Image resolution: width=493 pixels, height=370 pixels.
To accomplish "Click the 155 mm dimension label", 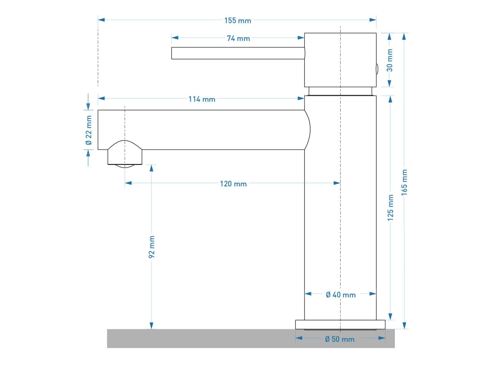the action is tap(238, 21).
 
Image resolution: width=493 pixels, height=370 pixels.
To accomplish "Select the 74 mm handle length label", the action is tap(238, 39).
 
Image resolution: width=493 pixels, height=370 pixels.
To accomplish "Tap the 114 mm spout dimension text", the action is tap(202, 99).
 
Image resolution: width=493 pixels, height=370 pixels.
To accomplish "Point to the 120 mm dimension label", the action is tap(234, 184).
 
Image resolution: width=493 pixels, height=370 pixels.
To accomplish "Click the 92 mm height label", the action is tap(151, 247).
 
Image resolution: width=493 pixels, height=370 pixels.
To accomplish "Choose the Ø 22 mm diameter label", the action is tap(89, 130).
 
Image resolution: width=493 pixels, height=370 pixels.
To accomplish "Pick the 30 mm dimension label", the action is tap(389, 60).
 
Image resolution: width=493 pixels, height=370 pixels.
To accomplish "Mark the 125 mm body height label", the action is tap(390, 207).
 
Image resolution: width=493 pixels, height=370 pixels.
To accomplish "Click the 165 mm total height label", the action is tap(404, 182).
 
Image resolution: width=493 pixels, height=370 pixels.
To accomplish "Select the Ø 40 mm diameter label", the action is tap(341, 295).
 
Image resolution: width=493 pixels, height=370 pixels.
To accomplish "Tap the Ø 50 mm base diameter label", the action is tap(340, 339).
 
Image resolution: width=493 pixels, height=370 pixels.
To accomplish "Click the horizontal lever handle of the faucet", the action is tap(238, 53).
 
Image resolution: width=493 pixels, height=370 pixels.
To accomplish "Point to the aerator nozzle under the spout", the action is tap(125, 154).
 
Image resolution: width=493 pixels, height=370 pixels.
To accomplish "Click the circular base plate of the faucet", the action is tap(340, 325).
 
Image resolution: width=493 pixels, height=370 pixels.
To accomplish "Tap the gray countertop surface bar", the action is tap(251, 339).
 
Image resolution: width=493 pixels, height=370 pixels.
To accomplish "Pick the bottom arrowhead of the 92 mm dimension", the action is tap(151, 326).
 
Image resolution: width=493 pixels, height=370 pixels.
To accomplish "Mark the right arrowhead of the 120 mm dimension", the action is tap(337, 183).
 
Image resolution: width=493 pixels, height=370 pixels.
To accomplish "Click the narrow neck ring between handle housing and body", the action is tap(341, 91).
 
